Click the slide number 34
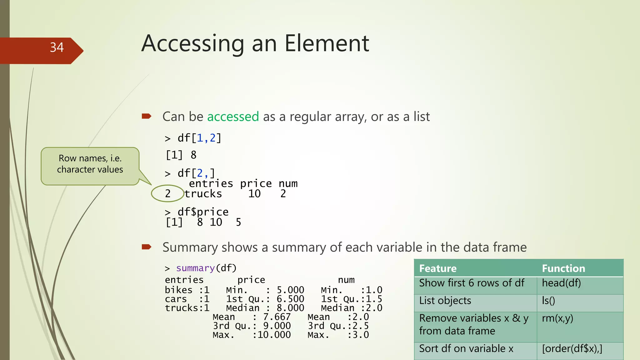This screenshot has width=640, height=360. point(57,47)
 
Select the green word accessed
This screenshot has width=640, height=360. point(233,117)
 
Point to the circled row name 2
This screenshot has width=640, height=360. point(168,194)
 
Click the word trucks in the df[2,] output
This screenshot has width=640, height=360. point(203,194)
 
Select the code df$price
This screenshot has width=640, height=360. point(203,212)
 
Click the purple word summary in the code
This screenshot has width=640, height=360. point(195,268)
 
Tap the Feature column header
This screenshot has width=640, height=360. point(438,268)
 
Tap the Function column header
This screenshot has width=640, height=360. point(563,268)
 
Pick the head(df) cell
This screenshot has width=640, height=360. point(561,283)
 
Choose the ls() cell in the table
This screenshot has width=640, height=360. point(548,301)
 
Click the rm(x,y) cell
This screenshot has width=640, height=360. point(557,318)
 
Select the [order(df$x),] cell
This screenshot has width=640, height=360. point(572,348)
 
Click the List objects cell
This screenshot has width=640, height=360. point(445,301)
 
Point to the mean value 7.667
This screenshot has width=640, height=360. point(277,317)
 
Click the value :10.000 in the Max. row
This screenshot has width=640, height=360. point(272,335)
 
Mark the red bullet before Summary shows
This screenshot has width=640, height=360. point(146,247)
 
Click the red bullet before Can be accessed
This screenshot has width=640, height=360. point(146,117)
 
